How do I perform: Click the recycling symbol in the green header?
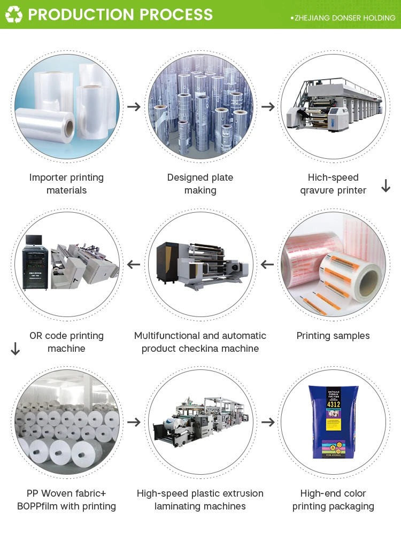[x=13, y=14]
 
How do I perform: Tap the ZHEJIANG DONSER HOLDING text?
[x=344, y=18]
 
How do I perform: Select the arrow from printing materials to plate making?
[x=134, y=106]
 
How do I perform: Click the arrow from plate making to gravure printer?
[x=268, y=106]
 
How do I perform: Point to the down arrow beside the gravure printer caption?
[x=385, y=186]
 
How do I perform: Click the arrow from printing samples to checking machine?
[x=267, y=264]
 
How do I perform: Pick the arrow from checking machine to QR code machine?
[x=134, y=264]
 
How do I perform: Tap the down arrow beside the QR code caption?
[x=15, y=349]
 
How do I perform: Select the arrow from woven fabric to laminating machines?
[x=134, y=422]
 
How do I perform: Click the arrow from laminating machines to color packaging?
[x=268, y=422]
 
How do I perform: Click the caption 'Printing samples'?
[x=333, y=336]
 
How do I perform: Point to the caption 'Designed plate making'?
[x=200, y=184]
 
